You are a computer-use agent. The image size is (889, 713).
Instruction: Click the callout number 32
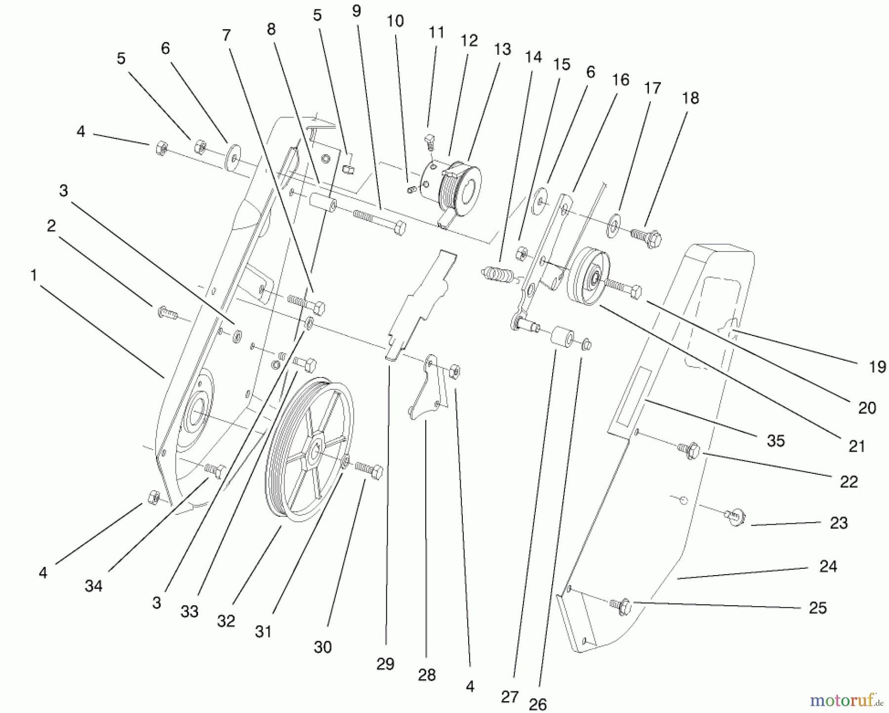pyautogui.click(x=226, y=621)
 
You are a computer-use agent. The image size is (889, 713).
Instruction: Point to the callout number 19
pyautogui.click(x=877, y=367)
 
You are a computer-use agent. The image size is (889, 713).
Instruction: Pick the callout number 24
pyautogui.click(x=828, y=566)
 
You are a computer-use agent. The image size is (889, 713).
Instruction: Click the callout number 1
pyautogui.click(x=34, y=275)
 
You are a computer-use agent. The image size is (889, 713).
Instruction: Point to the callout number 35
pyautogui.click(x=775, y=441)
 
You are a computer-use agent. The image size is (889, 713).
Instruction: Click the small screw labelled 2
pyautogui.click(x=165, y=312)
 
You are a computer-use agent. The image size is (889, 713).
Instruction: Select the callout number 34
pyautogui.click(x=93, y=586)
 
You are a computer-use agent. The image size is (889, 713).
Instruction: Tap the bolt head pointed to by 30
pyautogui.click(x=377, y=472)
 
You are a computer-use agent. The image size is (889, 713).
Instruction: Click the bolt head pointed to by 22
pyautogui.click(x=692, y=450)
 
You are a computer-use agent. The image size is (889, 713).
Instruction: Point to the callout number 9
pyautogui.click(x=357, y=11)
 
